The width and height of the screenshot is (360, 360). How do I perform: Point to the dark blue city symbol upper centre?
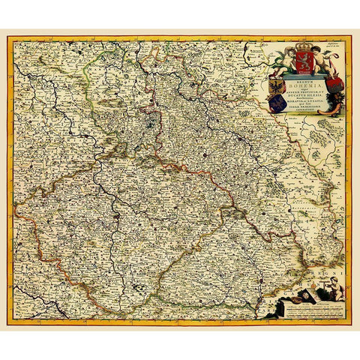pyautogui.click(x=151, y=118)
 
